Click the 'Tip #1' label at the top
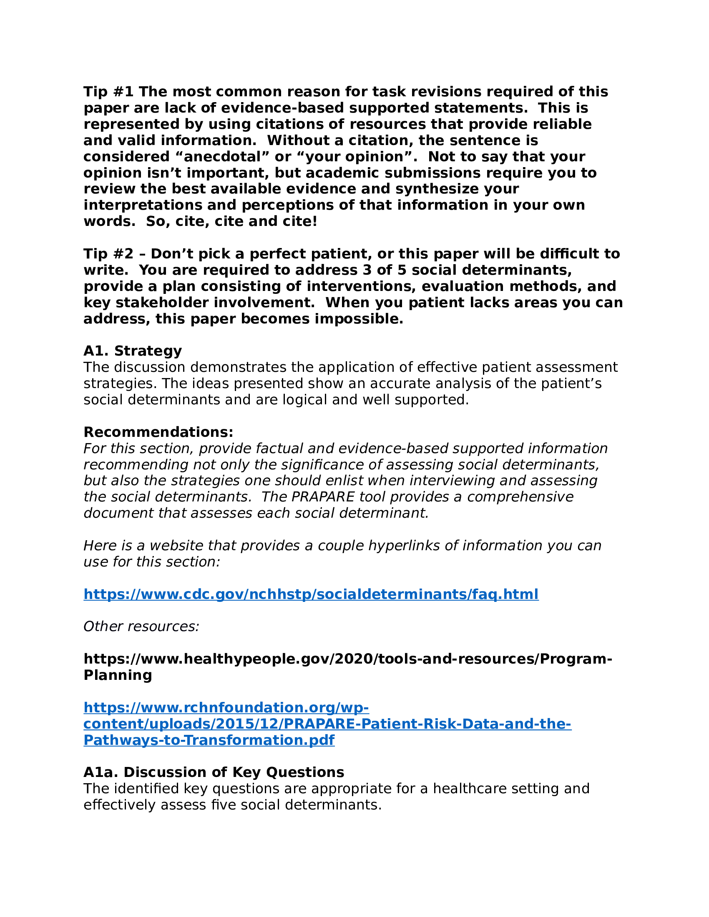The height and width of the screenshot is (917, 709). [x=108, y=92]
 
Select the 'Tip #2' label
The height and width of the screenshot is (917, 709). [x=108, y=253]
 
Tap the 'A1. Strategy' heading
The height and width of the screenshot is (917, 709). [x=133, y=351]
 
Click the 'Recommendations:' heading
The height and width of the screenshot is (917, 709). [x=158, y=432]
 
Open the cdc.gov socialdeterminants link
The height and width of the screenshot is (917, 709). [x=311, y=594]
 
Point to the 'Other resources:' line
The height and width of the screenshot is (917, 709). [x=141, y=626]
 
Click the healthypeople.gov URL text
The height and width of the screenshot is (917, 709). [x=348, y=659]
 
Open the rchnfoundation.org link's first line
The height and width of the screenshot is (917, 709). [x=226, y=707]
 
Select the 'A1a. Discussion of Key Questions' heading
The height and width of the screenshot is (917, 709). [x=214, y=772]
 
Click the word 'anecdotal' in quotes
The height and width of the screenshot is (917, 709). [x=221, y=157]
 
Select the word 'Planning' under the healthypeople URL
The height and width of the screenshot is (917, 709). [x=118, y=675]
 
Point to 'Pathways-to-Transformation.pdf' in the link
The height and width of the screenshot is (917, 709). [x=209, y=740]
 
